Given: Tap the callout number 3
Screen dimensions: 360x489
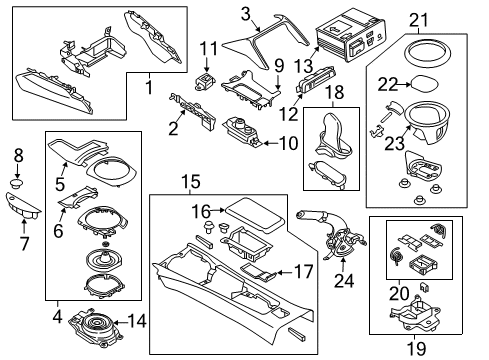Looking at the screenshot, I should (x=243, y=13).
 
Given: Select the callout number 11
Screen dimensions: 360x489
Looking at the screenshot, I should (x=208, y=48).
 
